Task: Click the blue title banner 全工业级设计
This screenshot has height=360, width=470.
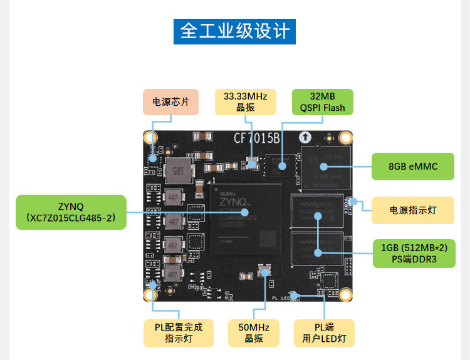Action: click(x=234, y=31)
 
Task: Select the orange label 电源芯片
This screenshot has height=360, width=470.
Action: click(x=170, y=101)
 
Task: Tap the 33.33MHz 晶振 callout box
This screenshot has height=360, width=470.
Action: click(x=245, y=102)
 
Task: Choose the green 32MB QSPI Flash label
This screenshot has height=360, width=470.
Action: click(x=323, y=101)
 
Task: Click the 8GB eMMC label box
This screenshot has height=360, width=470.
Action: click(x=413, y=167)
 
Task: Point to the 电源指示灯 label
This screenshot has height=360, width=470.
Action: click(x=413, y=210)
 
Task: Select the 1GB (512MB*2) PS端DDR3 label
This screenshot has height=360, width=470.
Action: click(x=414, y=253)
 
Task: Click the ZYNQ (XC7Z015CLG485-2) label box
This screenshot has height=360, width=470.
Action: click(x=71, y=212)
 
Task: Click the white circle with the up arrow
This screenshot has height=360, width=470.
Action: click(x=305, y=137)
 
